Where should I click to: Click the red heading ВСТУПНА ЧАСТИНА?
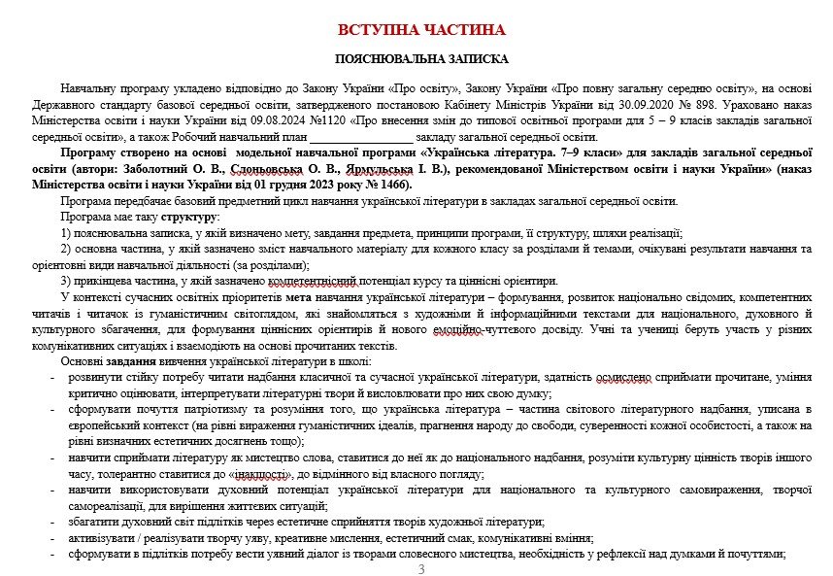click(x=421, y=30)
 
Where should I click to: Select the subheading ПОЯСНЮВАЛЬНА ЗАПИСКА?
click(x=421, y=59)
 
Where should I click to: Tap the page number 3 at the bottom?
click(x=421, y=568)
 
